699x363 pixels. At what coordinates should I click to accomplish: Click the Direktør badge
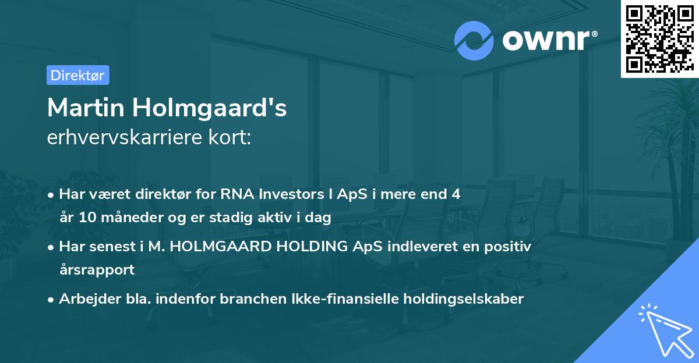(x=77, y=75)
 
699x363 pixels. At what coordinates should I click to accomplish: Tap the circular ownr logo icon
(x=474, y=40)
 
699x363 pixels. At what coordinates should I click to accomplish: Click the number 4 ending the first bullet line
(x=456, y=194)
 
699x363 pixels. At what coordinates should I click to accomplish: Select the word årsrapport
(x=97, y=270)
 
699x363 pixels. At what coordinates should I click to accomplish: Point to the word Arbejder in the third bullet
(x=85, y=299)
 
